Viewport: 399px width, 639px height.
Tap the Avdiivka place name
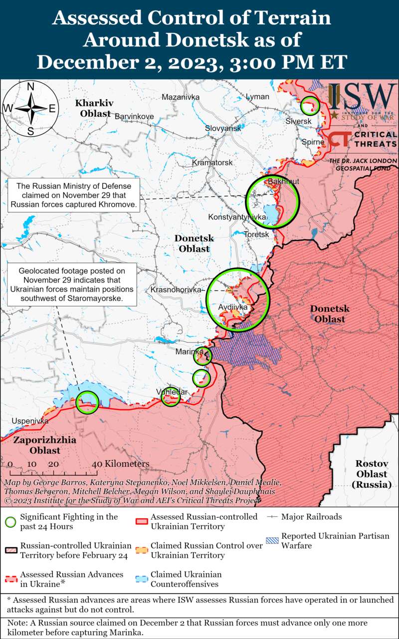tap(232, 307)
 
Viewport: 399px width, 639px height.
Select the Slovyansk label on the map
tap(223, 128)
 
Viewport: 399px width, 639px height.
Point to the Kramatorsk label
tap(212, 163)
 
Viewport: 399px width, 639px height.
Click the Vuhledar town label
tap(172, 392)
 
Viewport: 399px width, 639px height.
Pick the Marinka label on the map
tap(189, 352)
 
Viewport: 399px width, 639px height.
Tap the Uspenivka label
tap(30, 421)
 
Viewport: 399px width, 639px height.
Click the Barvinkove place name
tap(134, 116)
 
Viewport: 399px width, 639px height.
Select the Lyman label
tap(257, 96)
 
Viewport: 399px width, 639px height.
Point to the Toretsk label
tap(257, 234)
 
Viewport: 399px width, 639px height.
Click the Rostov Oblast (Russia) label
tap(372, 474)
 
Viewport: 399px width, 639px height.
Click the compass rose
tap(30, 108)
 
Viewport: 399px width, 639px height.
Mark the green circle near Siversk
tap(310, 105)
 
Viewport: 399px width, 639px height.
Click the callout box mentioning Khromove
tap(74, 195)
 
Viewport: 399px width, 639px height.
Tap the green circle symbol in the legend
tap(10, 522)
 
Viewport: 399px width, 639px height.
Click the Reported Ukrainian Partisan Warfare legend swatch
tap(272, 541)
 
